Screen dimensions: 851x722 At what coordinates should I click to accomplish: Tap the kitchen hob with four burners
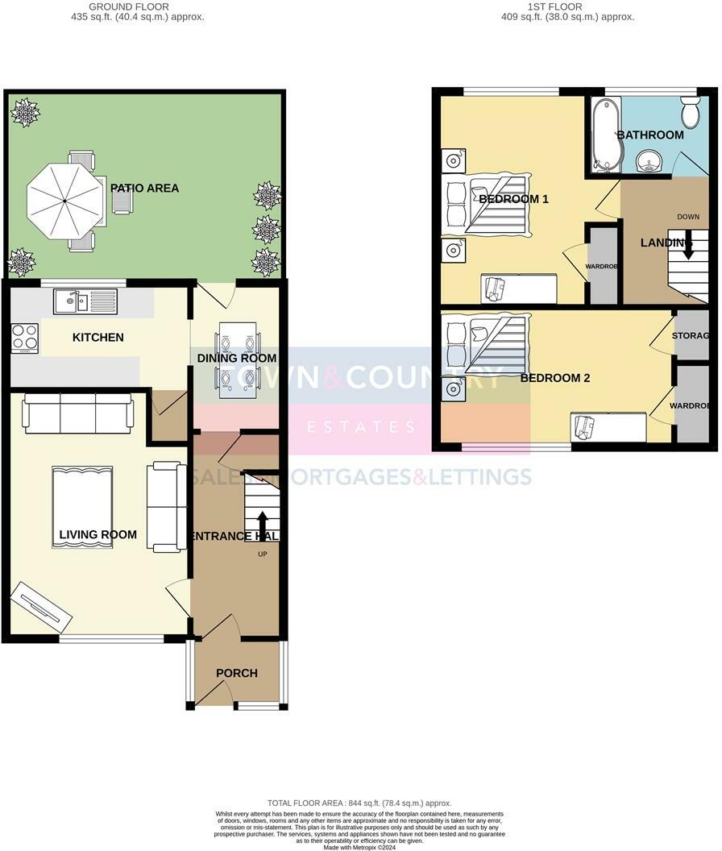click(25, 337)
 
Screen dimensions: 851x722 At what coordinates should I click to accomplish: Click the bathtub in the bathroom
click(605, 135)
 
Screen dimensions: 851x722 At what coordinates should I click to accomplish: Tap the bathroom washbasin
click(648, 164)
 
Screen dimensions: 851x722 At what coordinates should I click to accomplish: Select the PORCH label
click(237, 673)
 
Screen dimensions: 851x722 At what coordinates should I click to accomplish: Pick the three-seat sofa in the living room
click(78, 413)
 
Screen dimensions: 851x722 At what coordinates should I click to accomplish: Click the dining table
click(238, 359)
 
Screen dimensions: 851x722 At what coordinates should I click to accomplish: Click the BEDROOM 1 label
click(513, 198)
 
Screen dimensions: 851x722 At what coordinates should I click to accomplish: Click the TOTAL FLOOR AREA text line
click(359, 803)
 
